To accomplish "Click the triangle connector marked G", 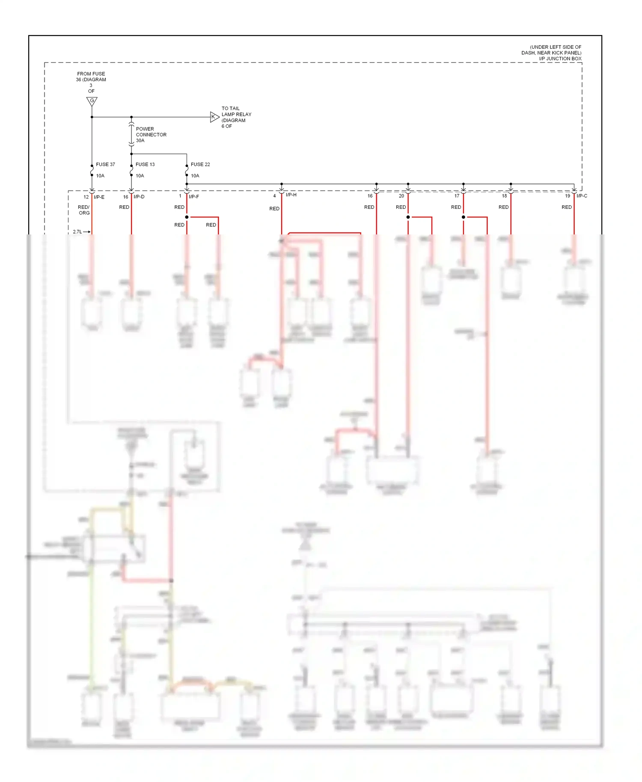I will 92,101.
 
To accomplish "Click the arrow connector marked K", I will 214,117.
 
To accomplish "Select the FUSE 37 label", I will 105,164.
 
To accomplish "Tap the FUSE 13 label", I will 145,164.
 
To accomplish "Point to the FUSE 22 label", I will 200,164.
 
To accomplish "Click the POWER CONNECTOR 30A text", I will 151,134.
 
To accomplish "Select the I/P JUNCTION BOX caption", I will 560,59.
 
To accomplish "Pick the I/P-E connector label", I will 99,197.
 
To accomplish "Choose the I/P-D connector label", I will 139,197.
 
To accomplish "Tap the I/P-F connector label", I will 194,197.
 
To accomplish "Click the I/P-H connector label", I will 291,195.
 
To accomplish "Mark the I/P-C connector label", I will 582,196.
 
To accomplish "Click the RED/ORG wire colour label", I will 84,210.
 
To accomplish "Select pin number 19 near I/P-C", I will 568,196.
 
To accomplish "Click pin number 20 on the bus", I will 401,196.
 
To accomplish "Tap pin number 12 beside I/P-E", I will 86,197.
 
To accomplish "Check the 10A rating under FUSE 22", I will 195,176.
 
